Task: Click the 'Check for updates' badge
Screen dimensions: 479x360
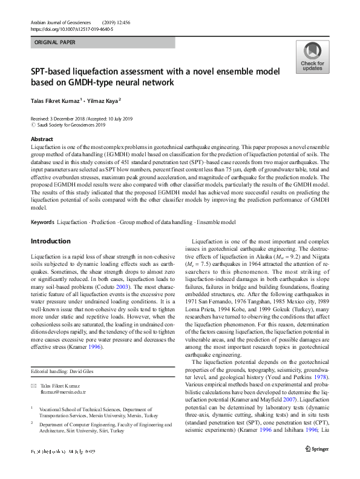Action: tap(312, 58)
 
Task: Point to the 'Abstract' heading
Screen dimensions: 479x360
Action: tap(42, 139)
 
